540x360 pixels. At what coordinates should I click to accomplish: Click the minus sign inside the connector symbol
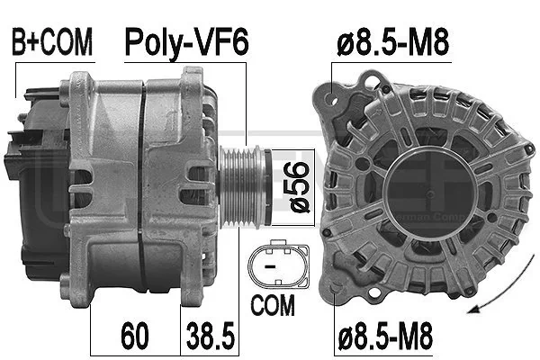point(269,266)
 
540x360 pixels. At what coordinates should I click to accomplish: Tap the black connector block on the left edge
point(13,166)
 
